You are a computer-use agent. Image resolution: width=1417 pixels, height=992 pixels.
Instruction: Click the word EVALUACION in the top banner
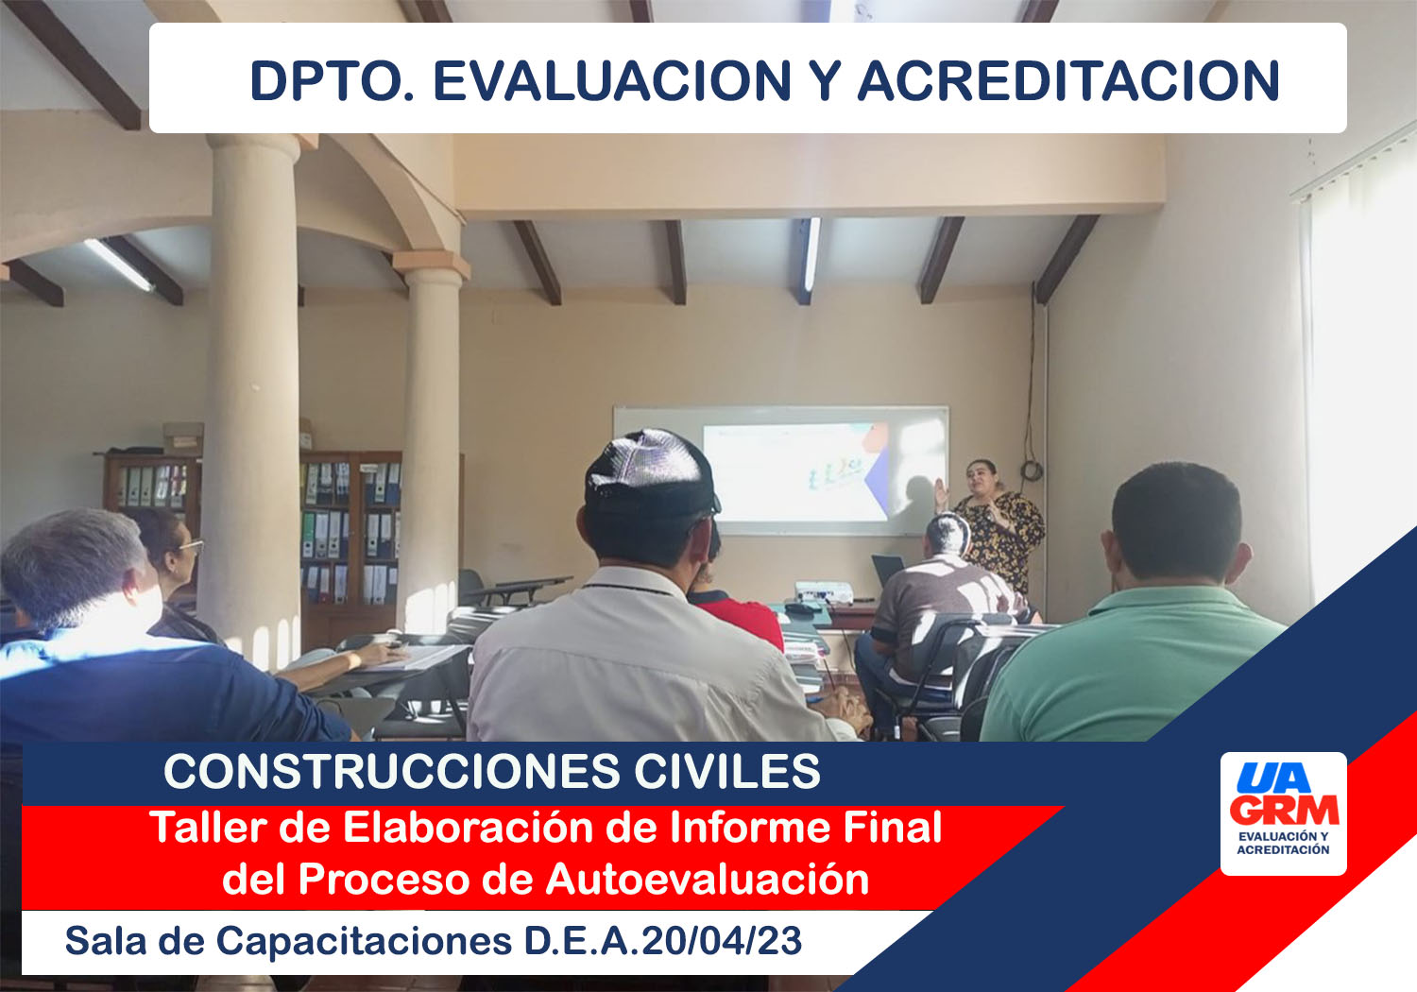tap(612, 81)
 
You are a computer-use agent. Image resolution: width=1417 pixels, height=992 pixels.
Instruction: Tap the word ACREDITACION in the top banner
tap(1068, 81)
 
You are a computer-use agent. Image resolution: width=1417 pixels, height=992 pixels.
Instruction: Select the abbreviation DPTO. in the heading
tap(333, 81)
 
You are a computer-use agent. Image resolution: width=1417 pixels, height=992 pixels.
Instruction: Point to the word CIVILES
tap(726, 771)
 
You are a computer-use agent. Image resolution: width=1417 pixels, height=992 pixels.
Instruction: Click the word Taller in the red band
tap(208, 827)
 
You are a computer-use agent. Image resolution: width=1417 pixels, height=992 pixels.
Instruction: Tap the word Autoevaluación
tap(708, 880)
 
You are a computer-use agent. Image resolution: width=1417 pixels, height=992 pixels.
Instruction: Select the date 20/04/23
tap(722, 941)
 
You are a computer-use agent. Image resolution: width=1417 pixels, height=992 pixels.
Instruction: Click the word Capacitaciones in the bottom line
tap(364, 941)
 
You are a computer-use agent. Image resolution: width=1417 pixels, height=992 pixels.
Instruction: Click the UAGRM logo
tap(1283, 813)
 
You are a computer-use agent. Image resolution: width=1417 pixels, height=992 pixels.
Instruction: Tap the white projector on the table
tap(824, 591)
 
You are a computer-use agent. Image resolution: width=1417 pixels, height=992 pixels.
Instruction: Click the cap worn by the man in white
tap(651, 471)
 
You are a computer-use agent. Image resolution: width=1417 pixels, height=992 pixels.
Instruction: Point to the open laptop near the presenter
tap(887, 571)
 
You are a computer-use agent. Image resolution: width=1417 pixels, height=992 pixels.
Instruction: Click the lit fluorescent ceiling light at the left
tap(118, 265)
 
